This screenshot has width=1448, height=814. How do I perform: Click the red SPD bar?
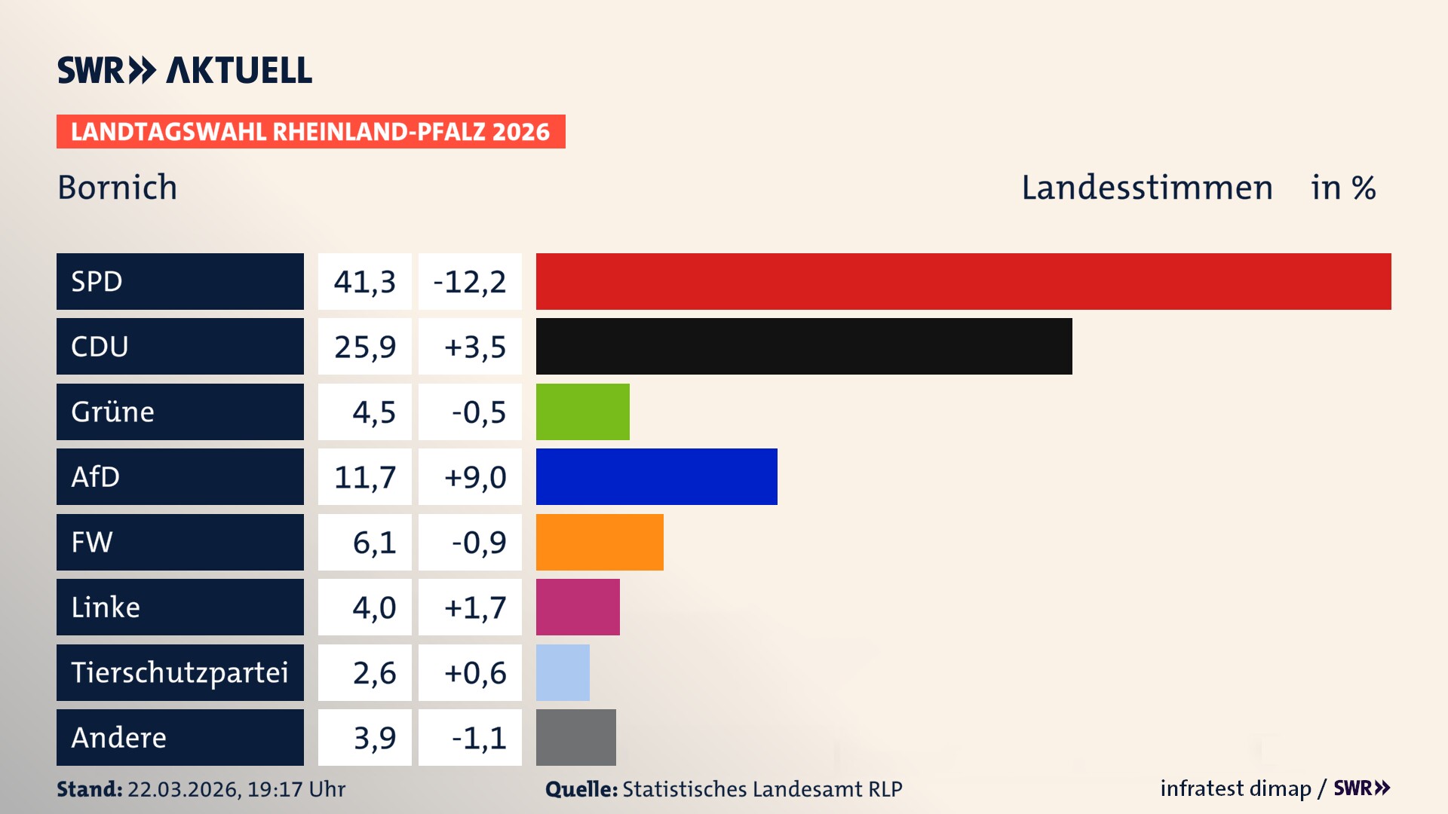click(x=963, y=281)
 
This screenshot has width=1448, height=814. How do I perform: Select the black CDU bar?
click(x=804, y=346)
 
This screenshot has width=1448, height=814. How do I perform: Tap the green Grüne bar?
click(x=582, y=412)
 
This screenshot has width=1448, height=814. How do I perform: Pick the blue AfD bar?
click(x=656, y=476)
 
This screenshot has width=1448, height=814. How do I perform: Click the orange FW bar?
click(x=600, y=542)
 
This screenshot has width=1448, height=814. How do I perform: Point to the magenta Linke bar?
click(x=578, y=607)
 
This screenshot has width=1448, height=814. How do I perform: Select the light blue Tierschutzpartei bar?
click(x=563, y=672)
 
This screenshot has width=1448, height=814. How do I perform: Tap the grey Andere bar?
click(x=575, y=737)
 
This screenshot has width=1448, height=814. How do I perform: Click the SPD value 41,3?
click(x=365, y=282)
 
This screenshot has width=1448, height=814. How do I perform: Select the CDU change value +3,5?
click(x=474, y=347)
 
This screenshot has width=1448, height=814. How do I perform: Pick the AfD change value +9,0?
click(x=474, y=477)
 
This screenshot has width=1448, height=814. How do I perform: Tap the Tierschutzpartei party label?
click(x=179, y=672)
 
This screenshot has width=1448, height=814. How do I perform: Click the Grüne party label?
click(x=113, y=412)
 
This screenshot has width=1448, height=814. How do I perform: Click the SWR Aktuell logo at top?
click(x=185, y=70)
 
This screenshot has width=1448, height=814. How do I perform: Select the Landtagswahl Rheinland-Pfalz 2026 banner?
click(x=311, y=132)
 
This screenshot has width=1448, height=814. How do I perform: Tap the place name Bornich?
click(x=118, y=188)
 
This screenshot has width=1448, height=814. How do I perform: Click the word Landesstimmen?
click(x=1146, y=188)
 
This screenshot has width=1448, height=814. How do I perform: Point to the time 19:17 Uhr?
click(x=296, y=789)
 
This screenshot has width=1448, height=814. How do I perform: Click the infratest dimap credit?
click(x=1235, y=788)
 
